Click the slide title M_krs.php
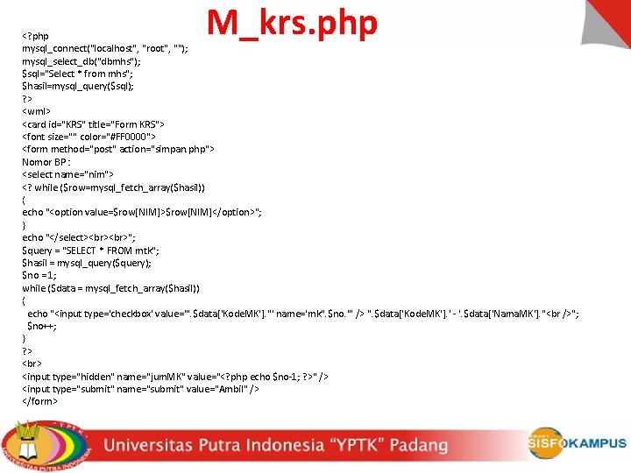click(292, 24)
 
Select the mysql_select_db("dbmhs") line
click(81, 61)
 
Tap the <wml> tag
click(37, 111)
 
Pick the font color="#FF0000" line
click(89, 137)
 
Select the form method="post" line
click(117, 149)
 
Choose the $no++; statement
click(42, 325)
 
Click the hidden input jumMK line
click(175, 376)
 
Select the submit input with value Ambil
click(140, 388)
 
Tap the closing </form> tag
click(39, 401)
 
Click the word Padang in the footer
click(419, 444)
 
